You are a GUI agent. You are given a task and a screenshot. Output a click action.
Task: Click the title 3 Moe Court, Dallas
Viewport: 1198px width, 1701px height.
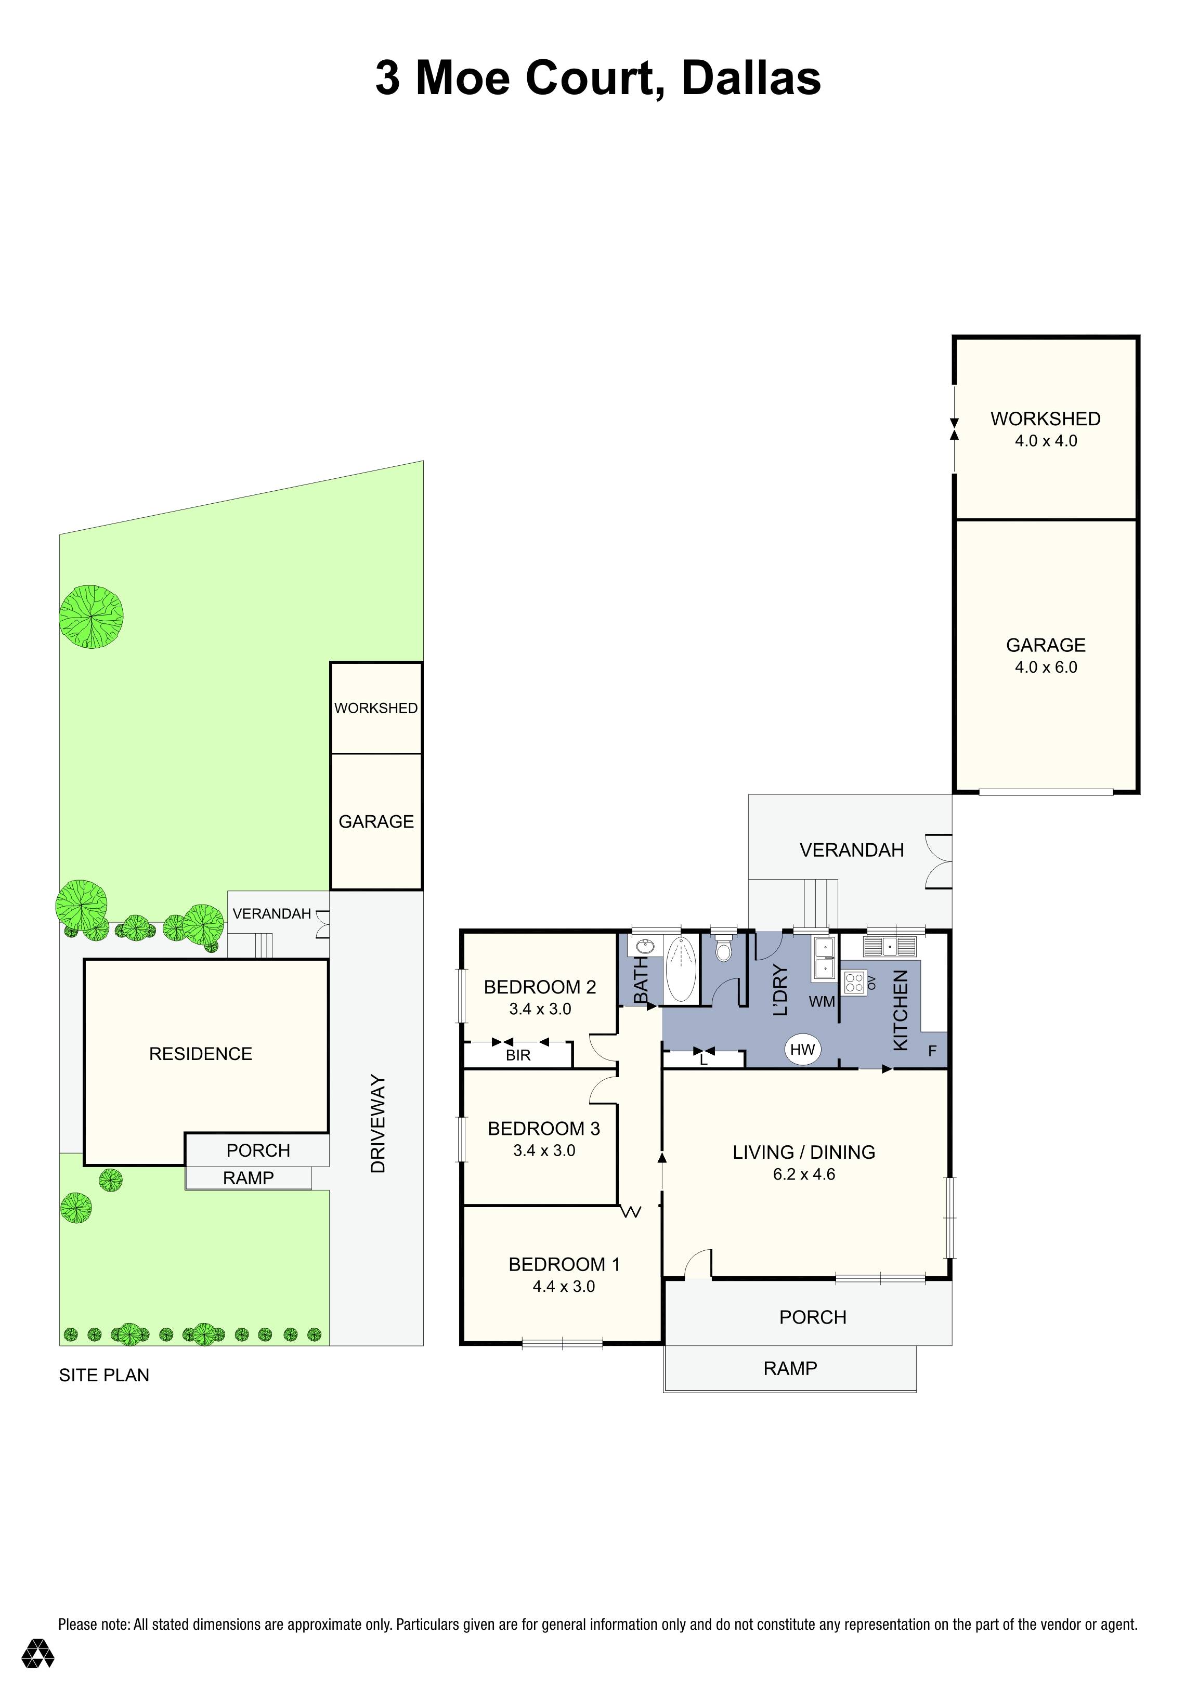coord(598,78)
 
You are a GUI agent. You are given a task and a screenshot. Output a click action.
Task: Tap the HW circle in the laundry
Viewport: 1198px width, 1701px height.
coord(802,1049)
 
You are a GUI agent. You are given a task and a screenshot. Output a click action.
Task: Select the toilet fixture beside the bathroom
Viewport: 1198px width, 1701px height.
coord(722,949)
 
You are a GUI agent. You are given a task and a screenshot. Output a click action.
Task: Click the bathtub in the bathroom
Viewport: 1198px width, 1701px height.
coord(681,969)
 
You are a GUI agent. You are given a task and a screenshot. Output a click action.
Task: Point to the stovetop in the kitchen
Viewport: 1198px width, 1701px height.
coord(853,983)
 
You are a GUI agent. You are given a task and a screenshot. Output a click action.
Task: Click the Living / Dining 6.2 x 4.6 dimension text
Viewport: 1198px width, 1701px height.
coord(804,1174)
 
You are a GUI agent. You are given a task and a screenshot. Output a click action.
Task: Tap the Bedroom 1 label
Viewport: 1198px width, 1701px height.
coord(564,1265)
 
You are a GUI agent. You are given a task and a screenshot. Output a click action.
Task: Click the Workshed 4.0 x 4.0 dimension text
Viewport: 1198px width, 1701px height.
coord(1045,441)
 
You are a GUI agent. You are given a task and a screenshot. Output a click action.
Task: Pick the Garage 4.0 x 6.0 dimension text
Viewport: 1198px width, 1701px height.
coord(1045,667)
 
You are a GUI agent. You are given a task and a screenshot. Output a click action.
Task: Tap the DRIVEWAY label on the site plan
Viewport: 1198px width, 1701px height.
coord(378,1124)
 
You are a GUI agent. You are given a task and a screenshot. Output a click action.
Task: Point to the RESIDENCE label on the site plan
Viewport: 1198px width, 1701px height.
coord(200,1053)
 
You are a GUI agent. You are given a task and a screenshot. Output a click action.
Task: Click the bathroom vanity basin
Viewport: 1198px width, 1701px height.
coord(642,946)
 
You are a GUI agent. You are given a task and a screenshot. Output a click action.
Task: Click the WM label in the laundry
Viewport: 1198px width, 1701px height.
coord(822,1002)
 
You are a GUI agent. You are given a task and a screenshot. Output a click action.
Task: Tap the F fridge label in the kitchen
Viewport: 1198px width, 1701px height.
coord(932,1051)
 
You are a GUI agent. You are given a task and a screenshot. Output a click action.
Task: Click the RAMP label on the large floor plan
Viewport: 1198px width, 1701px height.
coord(790,1368)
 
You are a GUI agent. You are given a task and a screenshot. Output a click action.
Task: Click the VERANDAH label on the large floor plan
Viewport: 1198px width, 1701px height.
coord(851,850)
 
